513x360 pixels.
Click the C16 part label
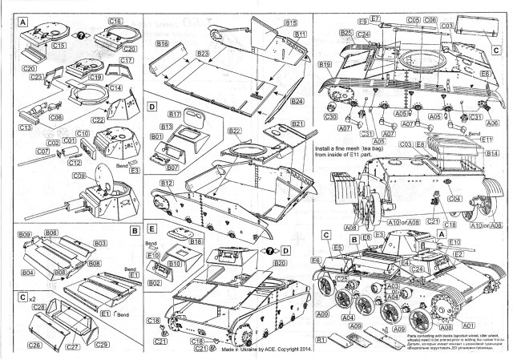coord(115,18)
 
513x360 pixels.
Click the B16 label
coord(164,42)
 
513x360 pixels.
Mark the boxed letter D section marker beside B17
coord(152,107)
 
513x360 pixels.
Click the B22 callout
coord(235,131)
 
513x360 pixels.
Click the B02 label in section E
coord(156,282)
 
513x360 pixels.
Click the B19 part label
coord(325,64)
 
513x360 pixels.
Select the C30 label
coord(331,117)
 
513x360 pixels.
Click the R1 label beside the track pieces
coord(321,340)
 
